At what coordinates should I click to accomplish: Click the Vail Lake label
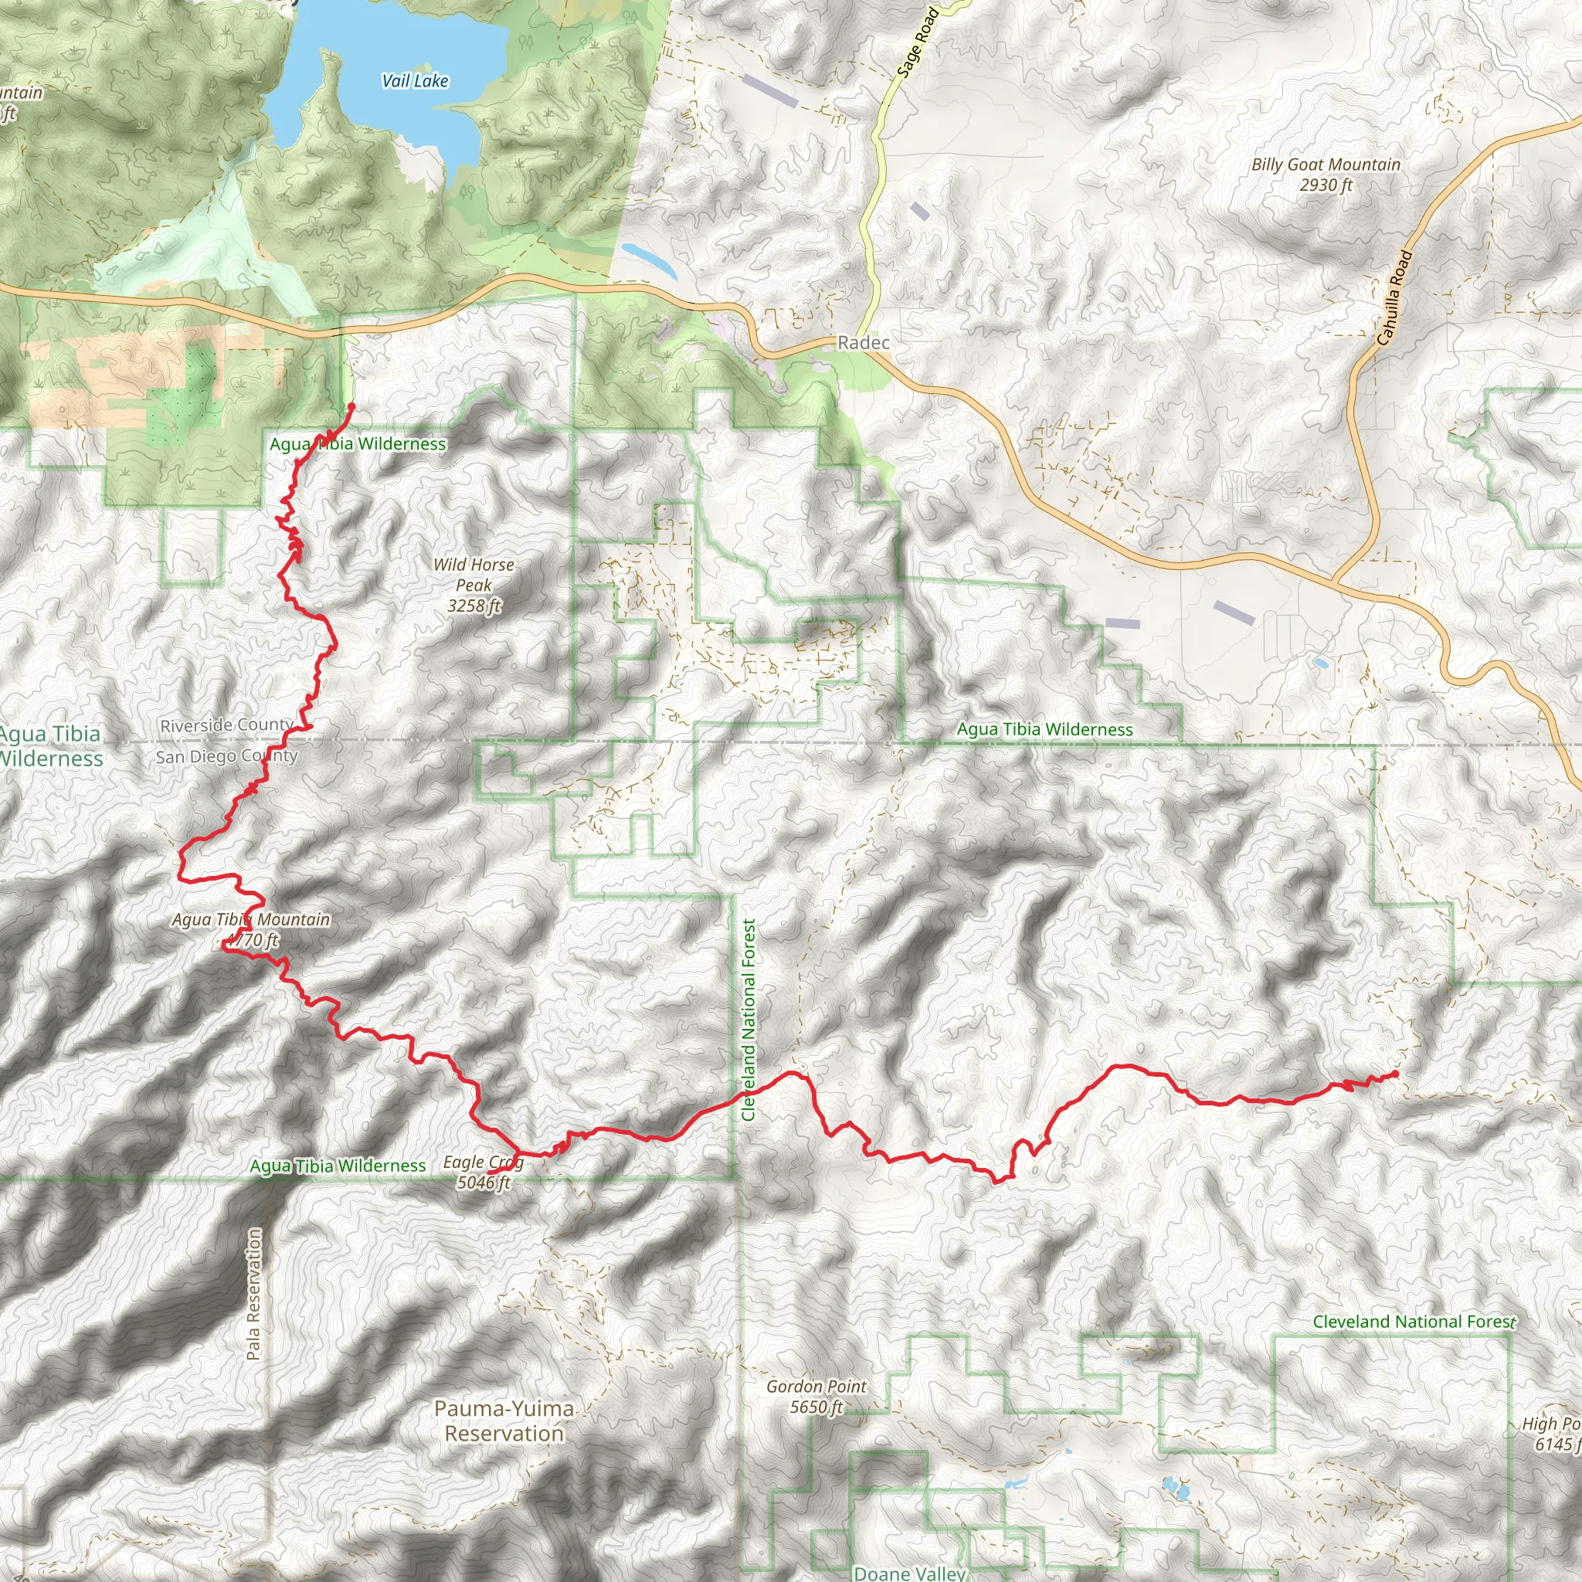click(415, 81)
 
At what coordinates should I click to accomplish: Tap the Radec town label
click(863, 342)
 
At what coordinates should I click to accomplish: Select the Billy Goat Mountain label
click(1326, 165)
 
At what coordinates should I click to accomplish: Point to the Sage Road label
click(916, 43)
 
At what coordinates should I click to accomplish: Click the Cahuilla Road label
click(1394, 297)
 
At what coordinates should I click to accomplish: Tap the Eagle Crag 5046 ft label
click(483, 1172)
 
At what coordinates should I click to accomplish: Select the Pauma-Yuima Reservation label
click(504, 1421)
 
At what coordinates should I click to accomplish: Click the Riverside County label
click(226, 725)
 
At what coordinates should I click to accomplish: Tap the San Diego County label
click(226, 756)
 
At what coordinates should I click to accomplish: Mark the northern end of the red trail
click(351, 406)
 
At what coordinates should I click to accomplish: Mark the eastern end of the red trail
click(1394, 1074)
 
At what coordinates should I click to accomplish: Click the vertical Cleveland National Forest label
click(749, 1020)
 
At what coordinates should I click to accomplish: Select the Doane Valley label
click(909, 1573)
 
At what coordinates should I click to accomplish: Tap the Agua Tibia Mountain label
click(250, 919)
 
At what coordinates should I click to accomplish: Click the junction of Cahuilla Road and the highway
click(1335, 582)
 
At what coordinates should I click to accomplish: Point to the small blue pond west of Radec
click(649, 260)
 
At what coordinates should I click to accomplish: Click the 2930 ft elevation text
click(1326, 185)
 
